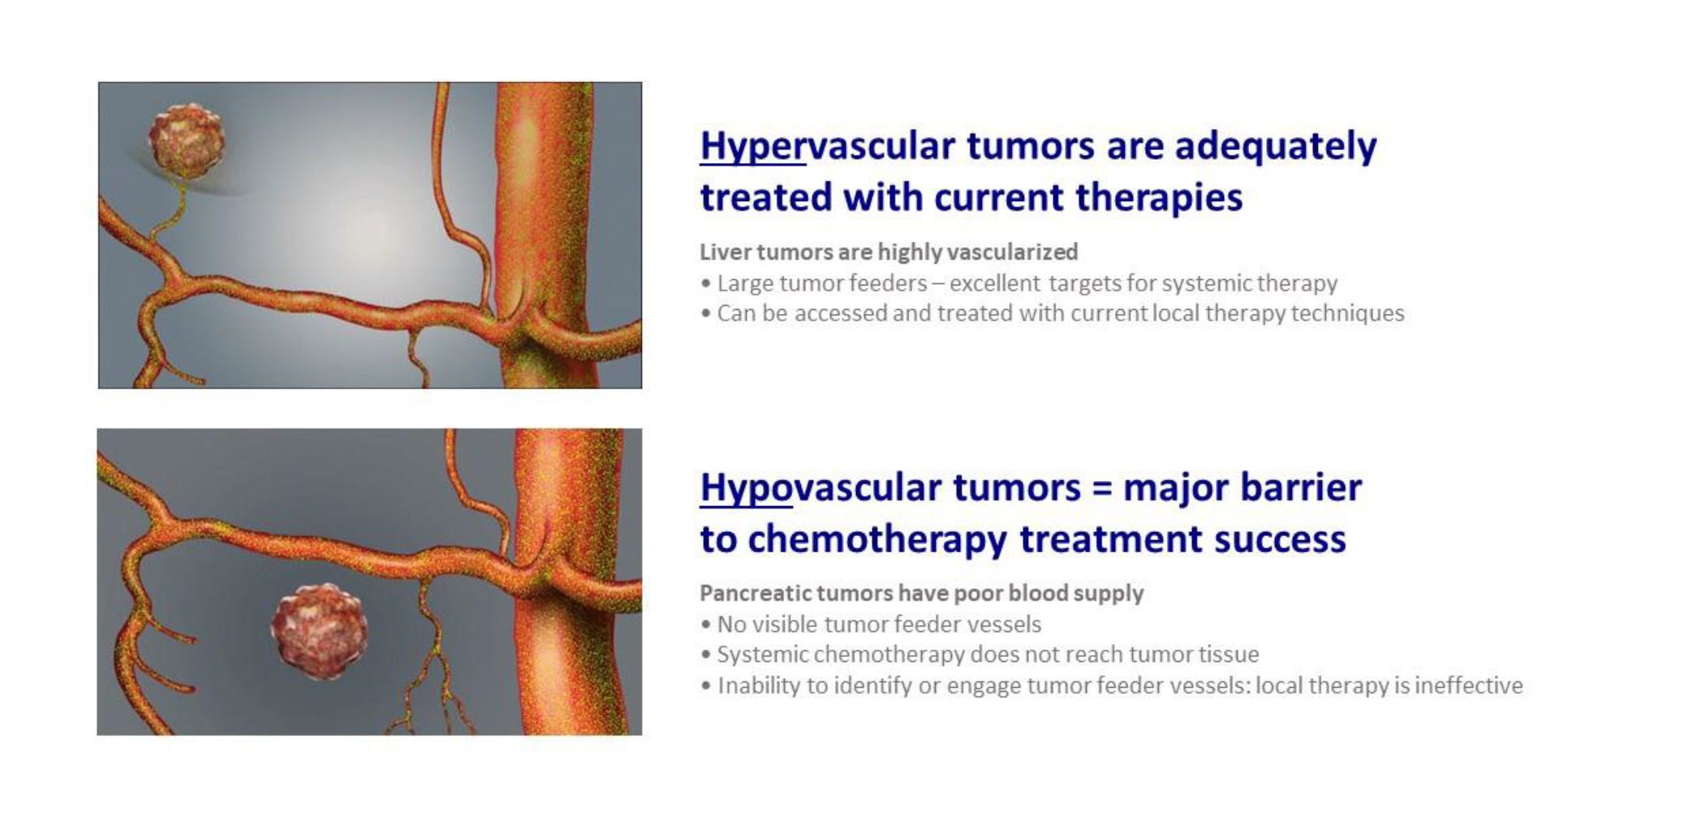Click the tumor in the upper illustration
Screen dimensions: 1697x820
(x=186, y=140)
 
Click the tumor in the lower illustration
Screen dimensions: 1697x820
(x=319, y=632)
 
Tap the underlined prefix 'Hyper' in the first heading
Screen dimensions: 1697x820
(x=752, y=148)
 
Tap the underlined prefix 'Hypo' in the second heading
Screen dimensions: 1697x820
(x=746, y=489)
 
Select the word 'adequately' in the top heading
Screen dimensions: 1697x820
(x=1275, y=148)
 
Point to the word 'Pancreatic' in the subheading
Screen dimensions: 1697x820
(x=756, y=594)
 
